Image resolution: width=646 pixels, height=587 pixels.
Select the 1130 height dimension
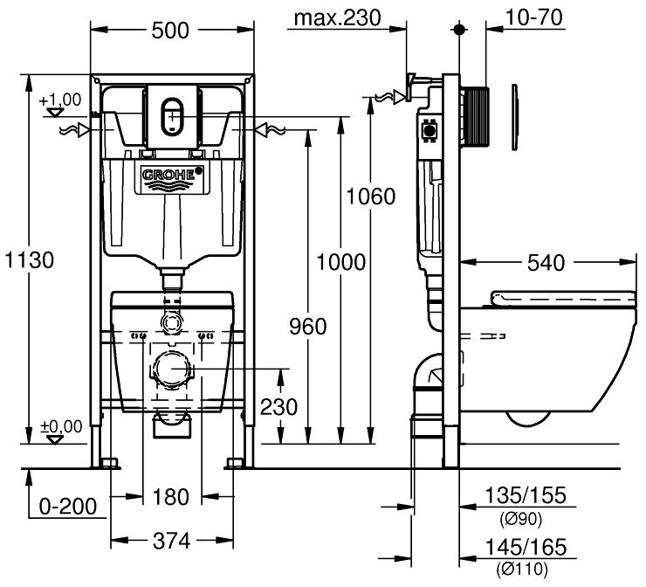(x=29, y=259)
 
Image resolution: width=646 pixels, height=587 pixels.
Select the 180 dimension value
(x=171, y=497)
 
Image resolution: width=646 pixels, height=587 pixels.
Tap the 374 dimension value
(x=171, y=541)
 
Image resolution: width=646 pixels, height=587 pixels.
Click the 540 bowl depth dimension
(x=546, y=261)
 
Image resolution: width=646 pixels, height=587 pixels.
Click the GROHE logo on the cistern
(x=171, y=175)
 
